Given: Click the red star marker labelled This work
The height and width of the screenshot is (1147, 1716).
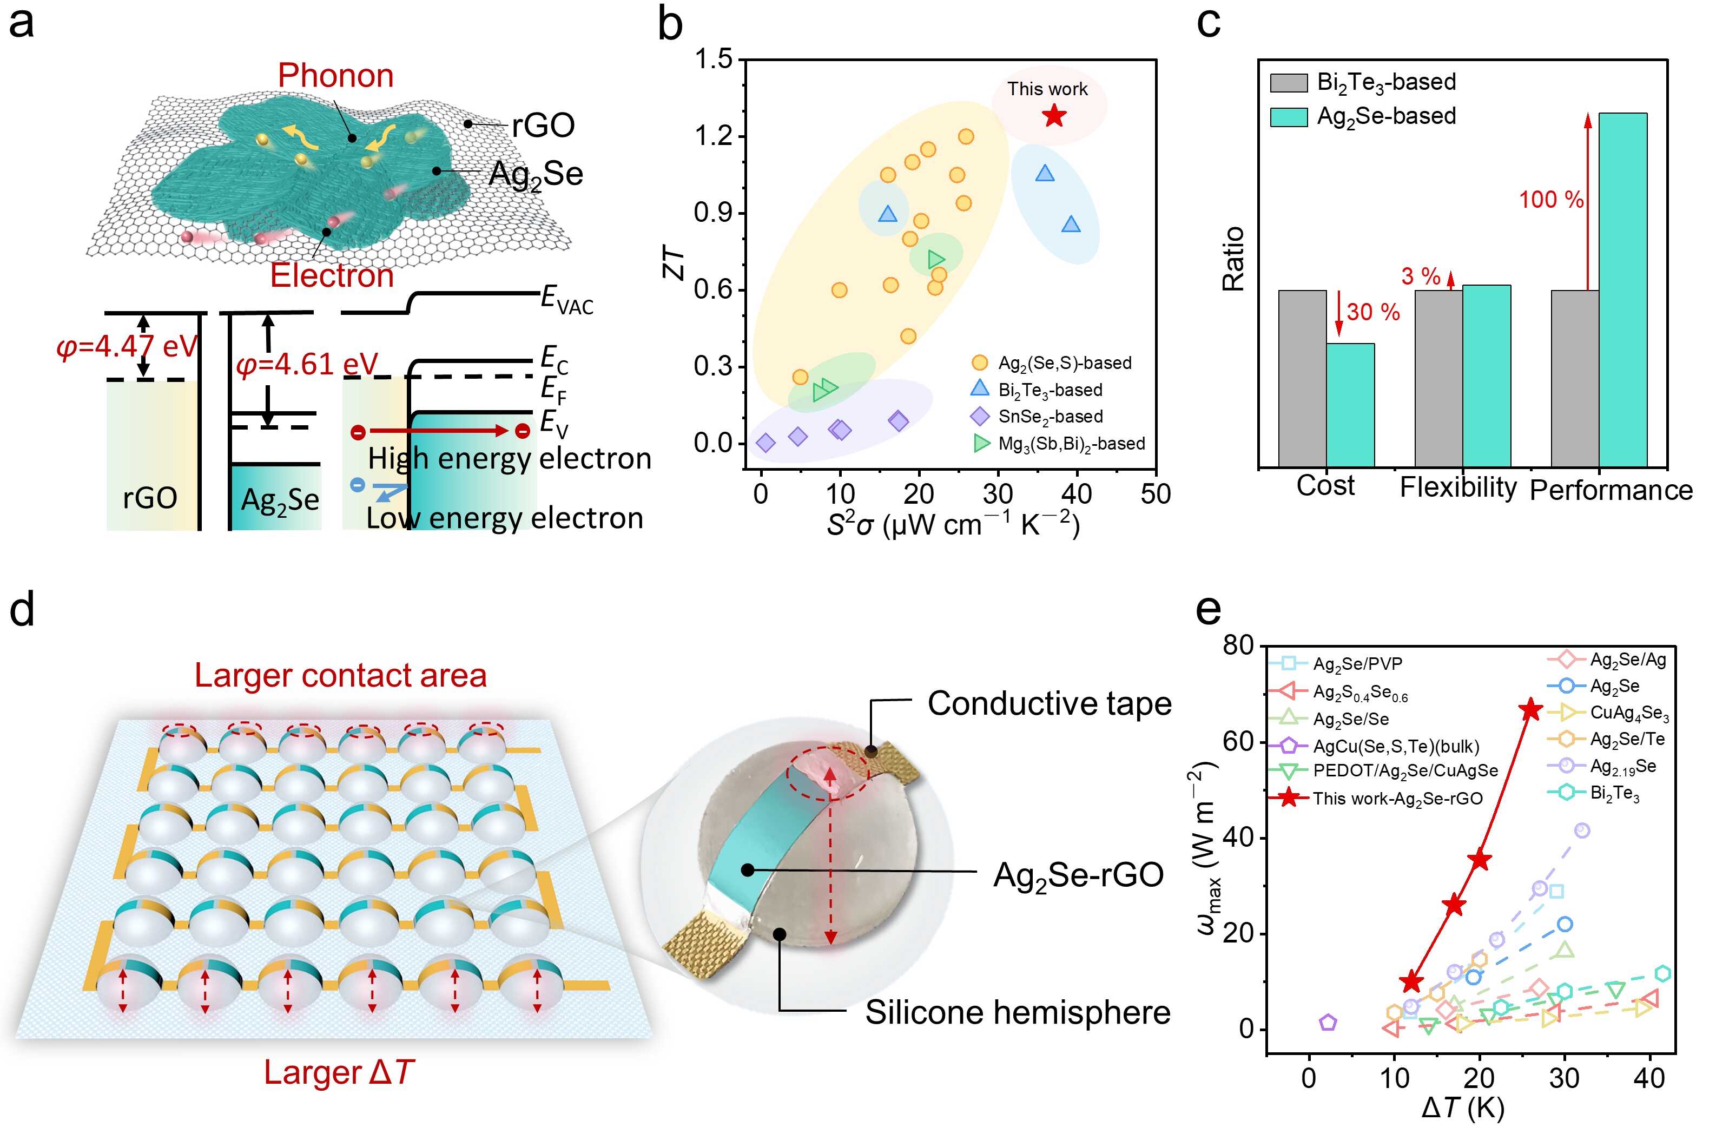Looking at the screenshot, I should tap(1053, 115).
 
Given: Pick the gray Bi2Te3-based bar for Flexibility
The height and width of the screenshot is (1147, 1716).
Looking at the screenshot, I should tap(1438, 378).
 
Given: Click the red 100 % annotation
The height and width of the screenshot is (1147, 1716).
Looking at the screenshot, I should tap(1550, 200).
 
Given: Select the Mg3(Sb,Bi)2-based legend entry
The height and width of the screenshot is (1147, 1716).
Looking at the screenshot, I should tap(1071, 443).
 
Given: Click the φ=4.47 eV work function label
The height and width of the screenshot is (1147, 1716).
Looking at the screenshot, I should tap(127, 346).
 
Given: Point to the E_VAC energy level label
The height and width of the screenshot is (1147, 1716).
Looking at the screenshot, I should tap(567, 300).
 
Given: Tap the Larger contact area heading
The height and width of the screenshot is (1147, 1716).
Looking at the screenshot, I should tap(340, 675).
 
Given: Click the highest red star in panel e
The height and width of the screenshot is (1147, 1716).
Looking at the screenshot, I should tap(1530, 709).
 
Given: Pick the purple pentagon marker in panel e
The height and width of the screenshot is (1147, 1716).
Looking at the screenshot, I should tap(1328, 1023).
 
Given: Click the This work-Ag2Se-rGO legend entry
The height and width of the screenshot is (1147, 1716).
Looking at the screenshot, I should tap(1397, 798).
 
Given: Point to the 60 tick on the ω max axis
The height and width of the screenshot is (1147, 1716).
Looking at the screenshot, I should tap(1238, 742).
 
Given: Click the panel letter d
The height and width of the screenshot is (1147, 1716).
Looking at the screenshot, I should tap(22, 609).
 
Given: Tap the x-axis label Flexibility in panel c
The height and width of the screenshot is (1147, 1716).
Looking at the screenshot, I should tap(1458, 487).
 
